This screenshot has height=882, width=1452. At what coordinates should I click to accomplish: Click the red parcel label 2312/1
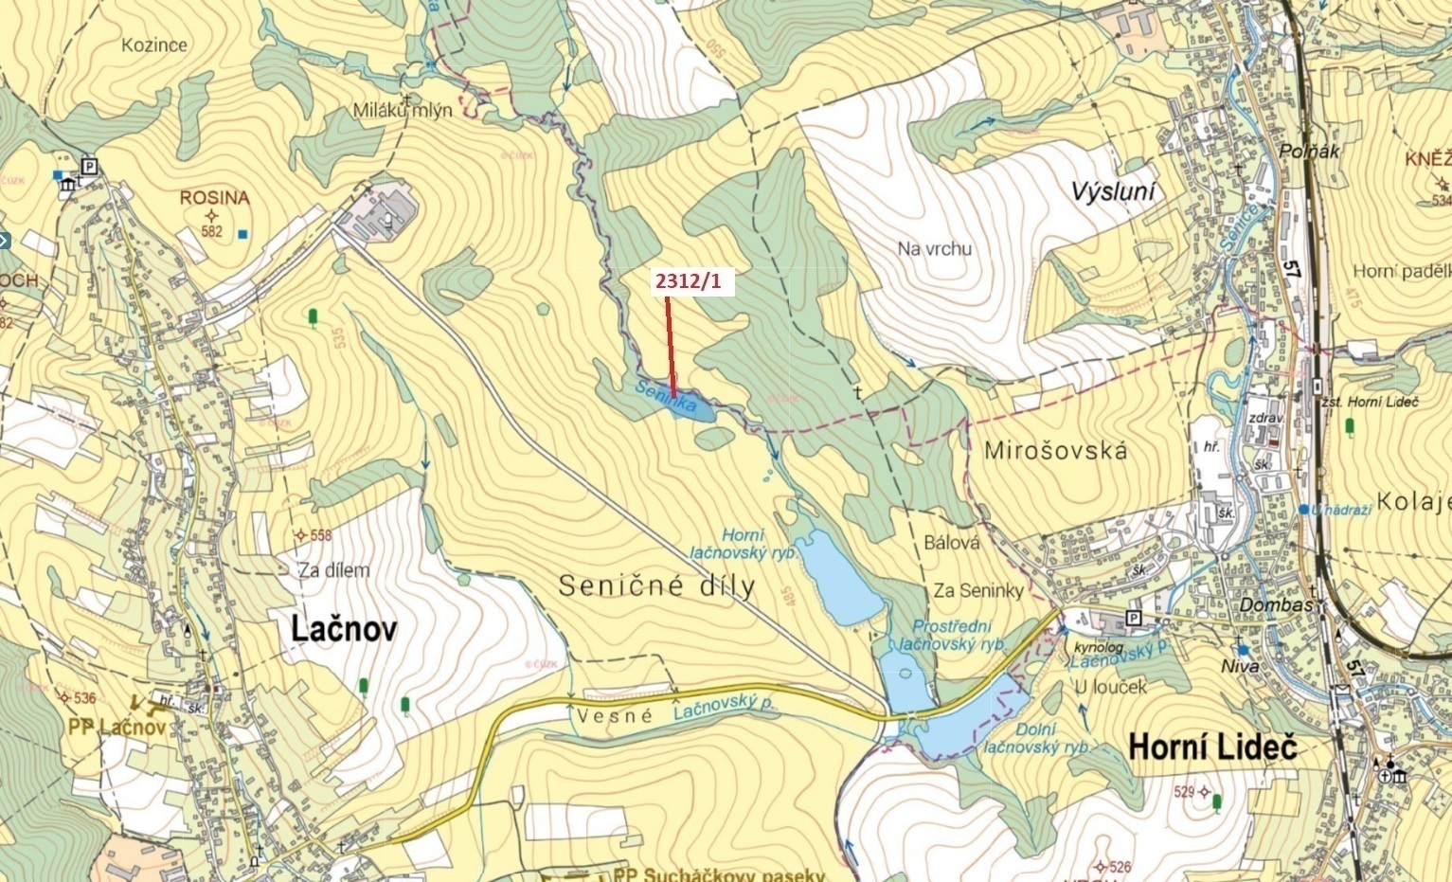point(688,281)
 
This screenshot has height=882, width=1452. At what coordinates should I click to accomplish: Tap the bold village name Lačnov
point(344,629)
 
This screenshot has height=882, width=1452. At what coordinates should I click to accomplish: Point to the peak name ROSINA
point(215,198)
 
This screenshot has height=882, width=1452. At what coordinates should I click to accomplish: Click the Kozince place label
point(154,45)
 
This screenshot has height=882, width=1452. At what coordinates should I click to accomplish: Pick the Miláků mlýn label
point(403,110)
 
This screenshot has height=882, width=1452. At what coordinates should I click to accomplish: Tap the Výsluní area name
point(1113,192)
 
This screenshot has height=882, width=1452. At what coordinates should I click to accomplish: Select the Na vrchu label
point(934,249)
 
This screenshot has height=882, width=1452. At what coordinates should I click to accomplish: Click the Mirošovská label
point(1055,451)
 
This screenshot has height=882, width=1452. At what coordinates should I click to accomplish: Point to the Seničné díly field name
point(656,585)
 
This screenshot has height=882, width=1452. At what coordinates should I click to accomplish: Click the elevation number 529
point(1184,791)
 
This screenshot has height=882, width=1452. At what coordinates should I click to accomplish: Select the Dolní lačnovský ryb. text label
point(1036,738)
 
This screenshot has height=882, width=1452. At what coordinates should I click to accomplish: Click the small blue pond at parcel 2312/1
point(688,408)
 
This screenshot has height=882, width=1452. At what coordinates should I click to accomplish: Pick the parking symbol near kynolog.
point(1135,619)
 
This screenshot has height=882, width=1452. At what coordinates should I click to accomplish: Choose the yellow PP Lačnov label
point(117,728)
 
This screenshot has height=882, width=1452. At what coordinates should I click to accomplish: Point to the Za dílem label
point(333,570)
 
